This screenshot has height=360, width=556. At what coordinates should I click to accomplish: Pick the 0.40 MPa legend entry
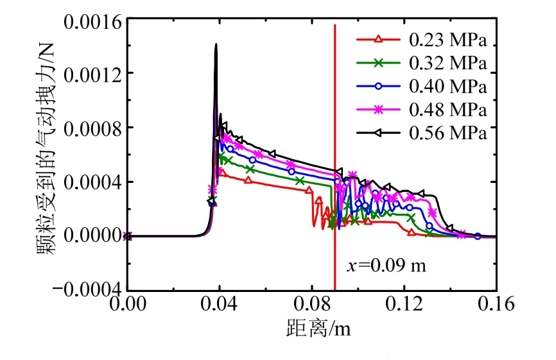click(448, 86)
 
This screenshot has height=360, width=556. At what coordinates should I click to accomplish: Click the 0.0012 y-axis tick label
click(92, 74)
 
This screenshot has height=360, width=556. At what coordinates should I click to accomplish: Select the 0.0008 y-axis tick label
click(92, 128)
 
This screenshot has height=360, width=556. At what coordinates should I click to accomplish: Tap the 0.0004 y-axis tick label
click(92, 182)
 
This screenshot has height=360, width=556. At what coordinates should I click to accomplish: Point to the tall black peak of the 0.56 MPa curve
click(216, 45)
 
